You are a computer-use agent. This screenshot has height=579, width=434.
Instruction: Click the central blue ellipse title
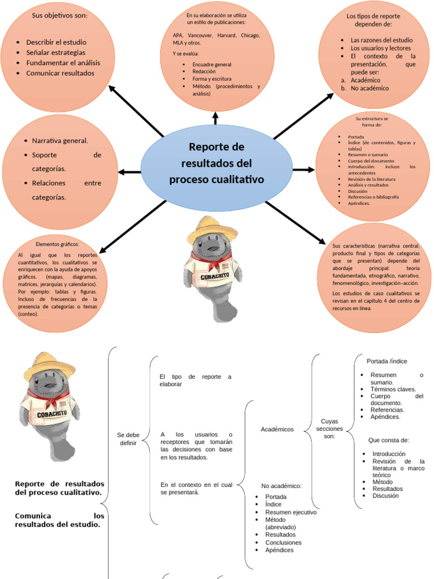216,163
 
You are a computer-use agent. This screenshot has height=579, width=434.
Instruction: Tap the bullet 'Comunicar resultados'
60,73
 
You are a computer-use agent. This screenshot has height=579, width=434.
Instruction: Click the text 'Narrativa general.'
60,140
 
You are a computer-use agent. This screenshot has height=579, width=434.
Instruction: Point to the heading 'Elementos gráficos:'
58,244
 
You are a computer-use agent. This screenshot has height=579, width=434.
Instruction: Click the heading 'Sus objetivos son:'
59,15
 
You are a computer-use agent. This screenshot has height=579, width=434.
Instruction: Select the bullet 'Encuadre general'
212,64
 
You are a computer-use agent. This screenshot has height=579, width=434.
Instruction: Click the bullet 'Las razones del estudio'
381,40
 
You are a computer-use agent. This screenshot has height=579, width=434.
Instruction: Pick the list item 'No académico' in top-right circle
370,88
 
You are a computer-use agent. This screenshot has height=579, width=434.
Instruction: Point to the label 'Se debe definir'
128,438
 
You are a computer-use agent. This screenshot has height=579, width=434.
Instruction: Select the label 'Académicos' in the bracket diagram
277,429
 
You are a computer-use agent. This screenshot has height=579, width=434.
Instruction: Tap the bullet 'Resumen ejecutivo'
290,512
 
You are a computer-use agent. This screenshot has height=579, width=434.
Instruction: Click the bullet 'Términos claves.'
393,389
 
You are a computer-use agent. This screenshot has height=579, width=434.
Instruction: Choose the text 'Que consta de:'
388,439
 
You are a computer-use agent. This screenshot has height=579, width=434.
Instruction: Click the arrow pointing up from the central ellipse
215,118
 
